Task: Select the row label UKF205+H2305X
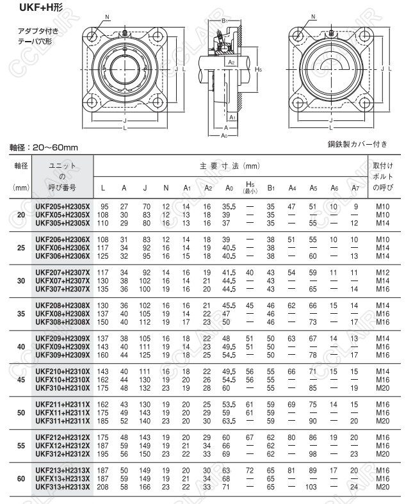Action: click(x=63, y=207)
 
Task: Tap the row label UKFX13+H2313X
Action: click(x=63, y=478)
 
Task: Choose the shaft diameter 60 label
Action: click(x=20, y=478)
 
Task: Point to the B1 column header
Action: click(x=271, y=188)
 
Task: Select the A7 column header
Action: click(x=355, y=188)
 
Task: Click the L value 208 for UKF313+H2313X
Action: click(x=104, y=487)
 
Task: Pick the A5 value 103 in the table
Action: click(x=312, y=487)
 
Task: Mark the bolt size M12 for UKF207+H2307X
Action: click(x=382, y=272)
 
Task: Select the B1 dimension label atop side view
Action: click(x=225, y=21)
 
